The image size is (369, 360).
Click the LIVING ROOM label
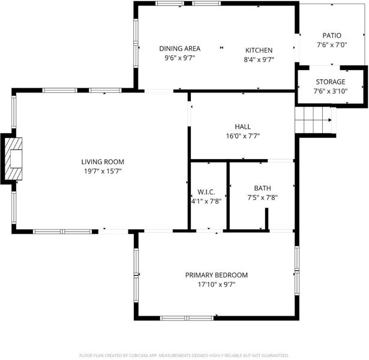(103, 162)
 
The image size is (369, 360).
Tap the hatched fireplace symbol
(13, 159)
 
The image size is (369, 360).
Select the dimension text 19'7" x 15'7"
(103, 171)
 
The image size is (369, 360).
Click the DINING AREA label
(180, 49)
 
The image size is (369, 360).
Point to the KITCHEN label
(259, 50)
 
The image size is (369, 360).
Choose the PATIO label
(332, 35)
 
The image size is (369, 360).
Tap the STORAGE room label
(331, 82)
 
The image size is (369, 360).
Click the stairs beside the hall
(313, 120)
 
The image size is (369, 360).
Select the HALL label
(242, 127)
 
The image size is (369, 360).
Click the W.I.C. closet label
(206, 192)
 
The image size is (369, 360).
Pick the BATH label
(262, 188)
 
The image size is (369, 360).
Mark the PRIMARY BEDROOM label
(216, 275)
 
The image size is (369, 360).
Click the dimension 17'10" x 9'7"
(217, 284)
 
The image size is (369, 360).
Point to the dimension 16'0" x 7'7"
(243, 136)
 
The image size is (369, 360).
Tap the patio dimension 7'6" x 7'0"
(332, 45)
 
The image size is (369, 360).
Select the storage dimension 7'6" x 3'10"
(331, 91)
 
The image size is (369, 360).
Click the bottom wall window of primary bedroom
(187, 318)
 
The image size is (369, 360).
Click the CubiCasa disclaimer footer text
(184, 355)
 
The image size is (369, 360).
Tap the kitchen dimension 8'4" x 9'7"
(259, 59)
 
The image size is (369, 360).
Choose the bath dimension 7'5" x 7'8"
(262, 197)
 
